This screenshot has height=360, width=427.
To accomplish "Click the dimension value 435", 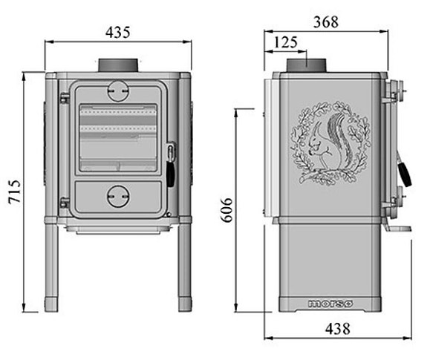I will coord(118,32).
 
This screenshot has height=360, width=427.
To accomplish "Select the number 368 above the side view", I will coord(325,22).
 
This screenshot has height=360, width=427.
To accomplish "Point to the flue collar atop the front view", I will coord(118,65).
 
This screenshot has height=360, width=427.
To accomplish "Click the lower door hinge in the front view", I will coord(65,201).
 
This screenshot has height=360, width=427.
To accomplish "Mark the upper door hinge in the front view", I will coord(65,96).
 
